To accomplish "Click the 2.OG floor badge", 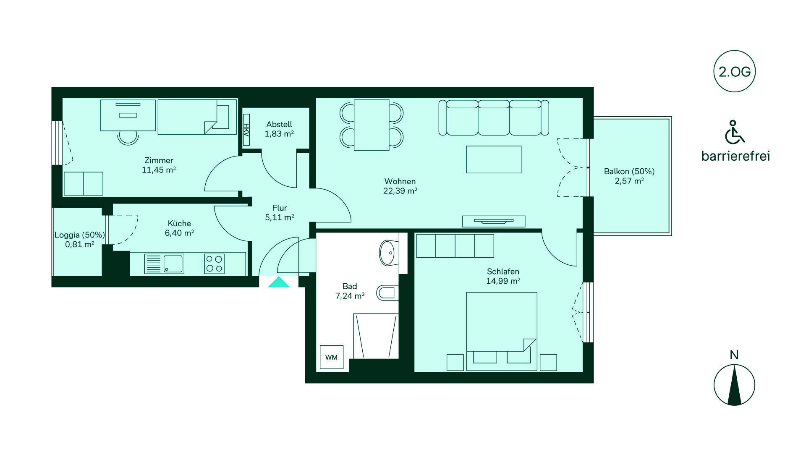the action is pyautogui.click(x=734, y=71).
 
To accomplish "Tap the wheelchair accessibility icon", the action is pyautogui.click(x=735, y=132).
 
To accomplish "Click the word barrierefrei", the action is pyautogui.click(x=735, y=156).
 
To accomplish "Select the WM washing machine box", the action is pyautogui.click(x=332, y=357).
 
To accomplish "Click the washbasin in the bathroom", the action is pyautogui.click(x=387, y=253).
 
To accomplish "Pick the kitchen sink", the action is pyautogui.click(x=164, y=264).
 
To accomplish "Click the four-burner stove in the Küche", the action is pyautogui.click(x=214, y=264).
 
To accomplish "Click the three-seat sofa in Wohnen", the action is pyautogui.click(x=494, y=117).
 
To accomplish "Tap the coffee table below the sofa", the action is pyautogui.click(x=494, y=159).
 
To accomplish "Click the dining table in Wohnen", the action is pyautogui.click(x=372, y=125).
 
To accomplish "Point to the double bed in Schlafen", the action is pyautogui.click(x=502, y=332).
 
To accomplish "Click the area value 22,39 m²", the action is pyautogui.click(x=400, y=191).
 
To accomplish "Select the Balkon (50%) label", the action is pyautogui.click(x=629, y=171).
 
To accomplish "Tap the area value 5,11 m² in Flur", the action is pyautogui.click(x=279, y=217).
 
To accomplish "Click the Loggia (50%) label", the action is pyautogui.click(x=80, y=235).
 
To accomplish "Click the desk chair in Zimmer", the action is pyautogui.click(x=128, y=137).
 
